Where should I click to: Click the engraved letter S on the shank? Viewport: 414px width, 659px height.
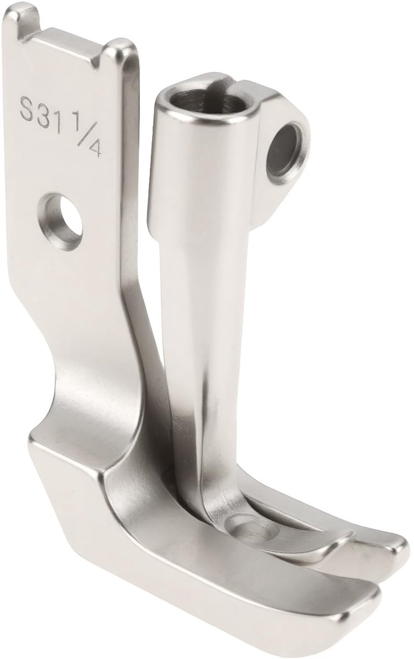(x=26, y=109)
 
